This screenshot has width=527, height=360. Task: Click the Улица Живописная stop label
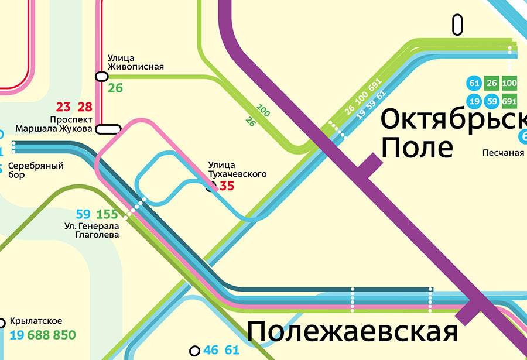135,63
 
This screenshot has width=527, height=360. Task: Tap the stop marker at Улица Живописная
101,76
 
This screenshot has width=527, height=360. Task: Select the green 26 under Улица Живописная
115,88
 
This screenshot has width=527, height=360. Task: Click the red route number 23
63,107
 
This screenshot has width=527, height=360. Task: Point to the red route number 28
85,107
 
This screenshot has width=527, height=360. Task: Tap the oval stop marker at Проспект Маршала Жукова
108,128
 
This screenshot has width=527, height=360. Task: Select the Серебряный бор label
36,170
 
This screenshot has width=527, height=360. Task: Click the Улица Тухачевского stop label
237,170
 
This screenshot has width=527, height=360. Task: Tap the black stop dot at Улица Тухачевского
211,187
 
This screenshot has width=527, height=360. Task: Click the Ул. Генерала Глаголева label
91,231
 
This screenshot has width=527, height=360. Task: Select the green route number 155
107,214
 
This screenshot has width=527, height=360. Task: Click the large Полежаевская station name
351,332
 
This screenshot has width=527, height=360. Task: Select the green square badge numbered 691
509,100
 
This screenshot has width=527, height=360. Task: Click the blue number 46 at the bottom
211,351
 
